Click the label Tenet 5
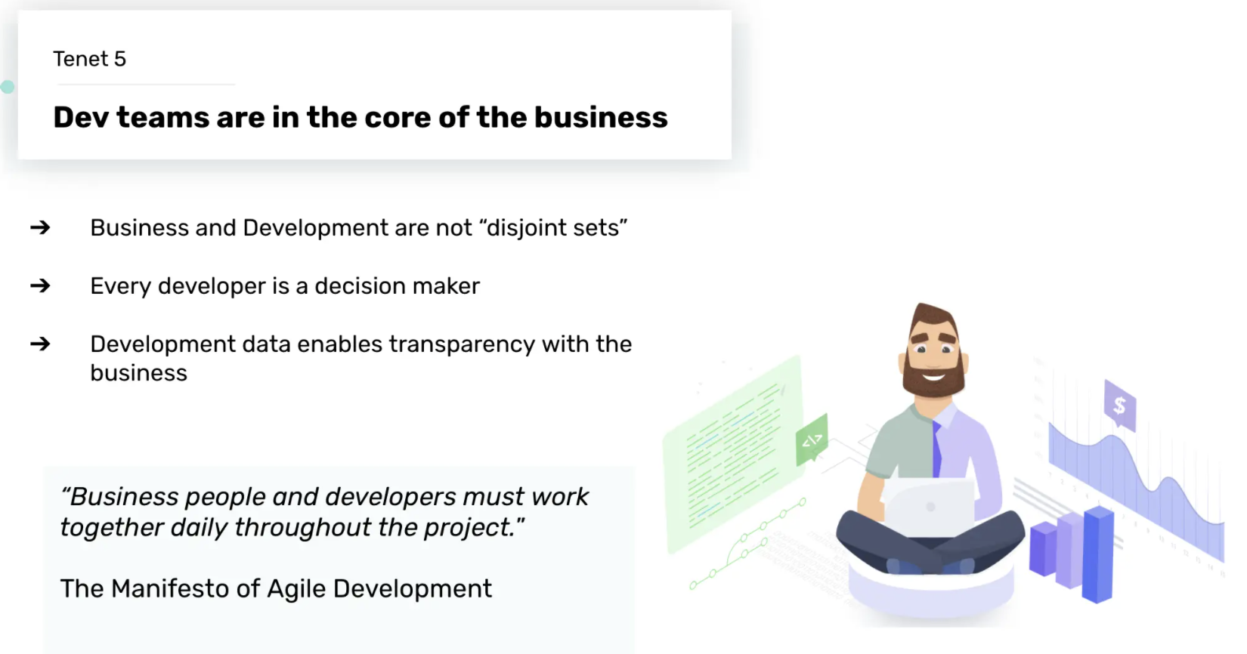pos(90,59)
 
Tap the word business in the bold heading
pos(601,117)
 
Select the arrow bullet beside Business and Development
pos(40,227)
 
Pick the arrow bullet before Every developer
pos(40,286)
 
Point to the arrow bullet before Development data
pos(40,344)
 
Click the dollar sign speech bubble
pos(1119,404)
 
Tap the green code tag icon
pos(812,440)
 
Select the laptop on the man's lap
pos(930,506)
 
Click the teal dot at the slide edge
pos(8,87)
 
